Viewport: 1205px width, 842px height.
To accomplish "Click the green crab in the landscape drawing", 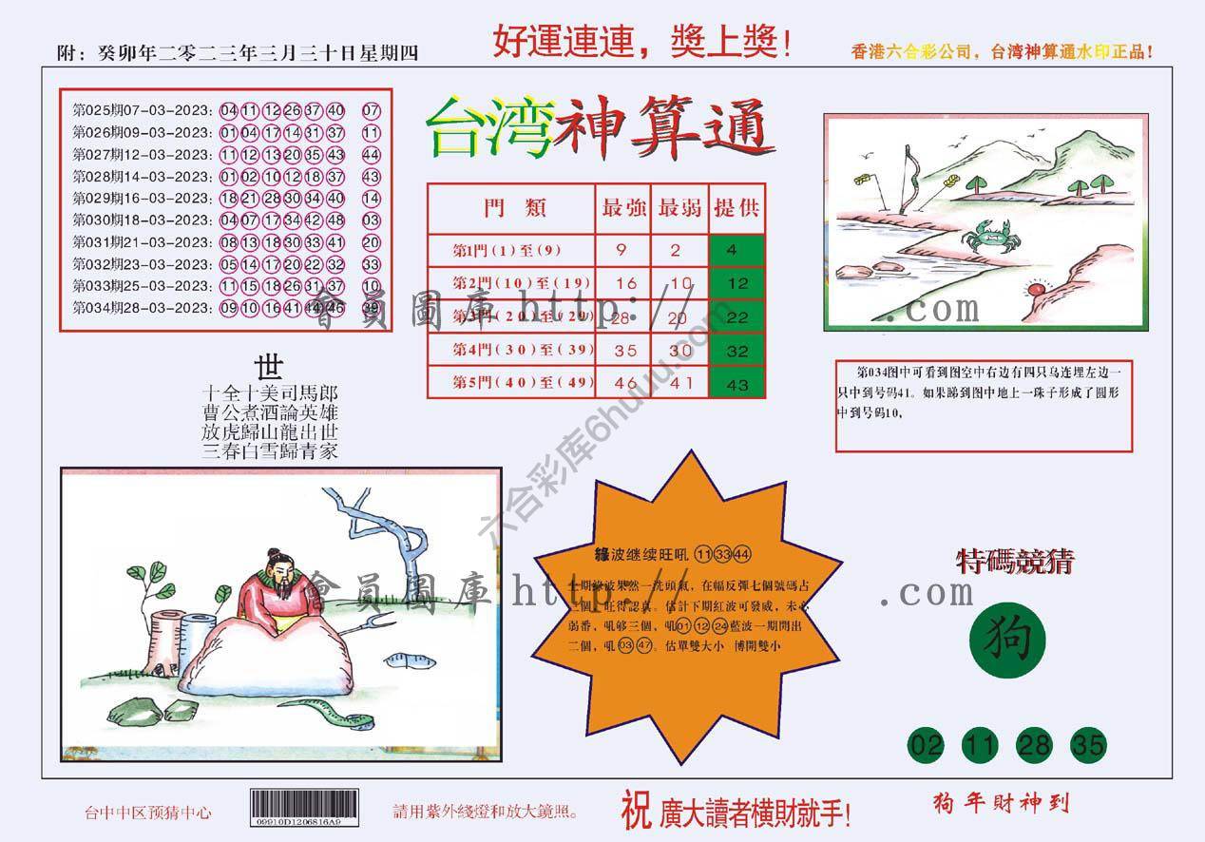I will coord(984,233).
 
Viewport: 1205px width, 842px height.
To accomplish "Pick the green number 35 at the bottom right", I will coord(1087,746).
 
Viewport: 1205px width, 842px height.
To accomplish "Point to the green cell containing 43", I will coord(737,384).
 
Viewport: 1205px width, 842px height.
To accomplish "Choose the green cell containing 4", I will coord(737,250).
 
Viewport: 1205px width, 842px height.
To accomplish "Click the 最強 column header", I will coord(623,207).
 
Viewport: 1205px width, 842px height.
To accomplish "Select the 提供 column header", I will coord(737,207).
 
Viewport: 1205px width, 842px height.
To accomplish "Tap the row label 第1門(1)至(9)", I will coord(507,250).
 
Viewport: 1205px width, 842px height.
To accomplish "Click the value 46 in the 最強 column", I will coord(623,384).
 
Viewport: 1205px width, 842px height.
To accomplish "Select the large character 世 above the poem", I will coord(269,367).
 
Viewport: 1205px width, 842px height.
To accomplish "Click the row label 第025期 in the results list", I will coord(93,110).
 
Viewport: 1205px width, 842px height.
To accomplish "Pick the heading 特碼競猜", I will coord(1014,562).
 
